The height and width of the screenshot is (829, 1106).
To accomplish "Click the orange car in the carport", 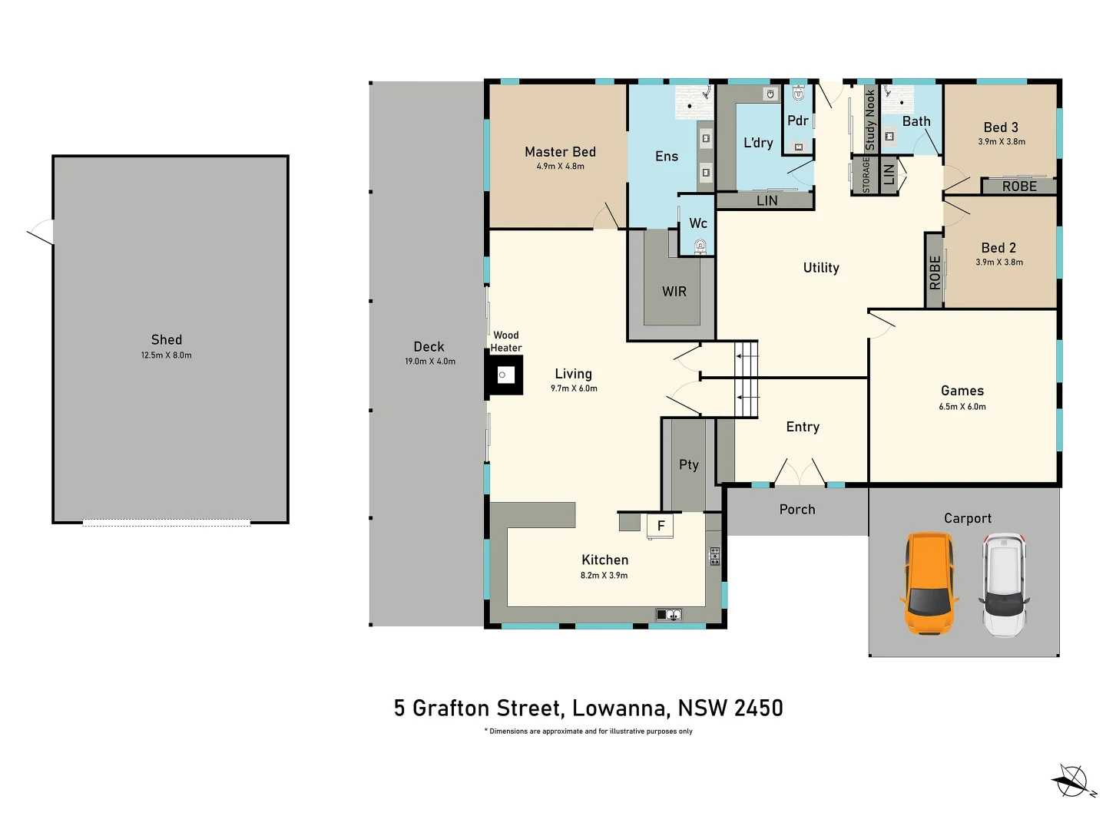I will coord(929,583).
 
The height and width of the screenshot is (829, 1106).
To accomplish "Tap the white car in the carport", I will coord(1004,584).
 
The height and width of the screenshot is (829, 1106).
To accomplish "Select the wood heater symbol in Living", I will coord(504,375).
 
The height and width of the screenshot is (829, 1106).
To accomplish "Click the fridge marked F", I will coord(661,527).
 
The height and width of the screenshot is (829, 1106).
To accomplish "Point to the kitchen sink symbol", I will coord(668,614).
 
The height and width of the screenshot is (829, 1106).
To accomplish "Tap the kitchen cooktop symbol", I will coord(714,557).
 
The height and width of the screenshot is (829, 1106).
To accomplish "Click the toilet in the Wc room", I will coord(700,246).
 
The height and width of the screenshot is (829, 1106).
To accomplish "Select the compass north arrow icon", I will coord(1072,781).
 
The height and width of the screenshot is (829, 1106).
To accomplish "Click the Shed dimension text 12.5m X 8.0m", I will coord(167,355).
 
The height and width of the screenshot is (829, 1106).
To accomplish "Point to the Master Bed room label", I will coord(560,152).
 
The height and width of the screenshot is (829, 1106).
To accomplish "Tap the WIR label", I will coord(674,292).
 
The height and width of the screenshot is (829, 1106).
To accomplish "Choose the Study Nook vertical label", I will coord(870,120).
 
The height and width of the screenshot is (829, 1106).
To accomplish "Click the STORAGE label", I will coord(866,176).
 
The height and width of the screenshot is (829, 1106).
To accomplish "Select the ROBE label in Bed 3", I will coord(1019,187).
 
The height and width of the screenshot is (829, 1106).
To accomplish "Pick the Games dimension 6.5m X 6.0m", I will coord(962,407).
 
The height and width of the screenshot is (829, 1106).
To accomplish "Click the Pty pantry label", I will coord(689,464).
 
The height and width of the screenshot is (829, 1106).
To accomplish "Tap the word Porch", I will coord(797,510).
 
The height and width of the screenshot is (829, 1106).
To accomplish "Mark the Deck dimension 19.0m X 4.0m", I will coord(430,362).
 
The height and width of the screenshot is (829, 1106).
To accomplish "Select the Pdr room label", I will coord(798,121).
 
